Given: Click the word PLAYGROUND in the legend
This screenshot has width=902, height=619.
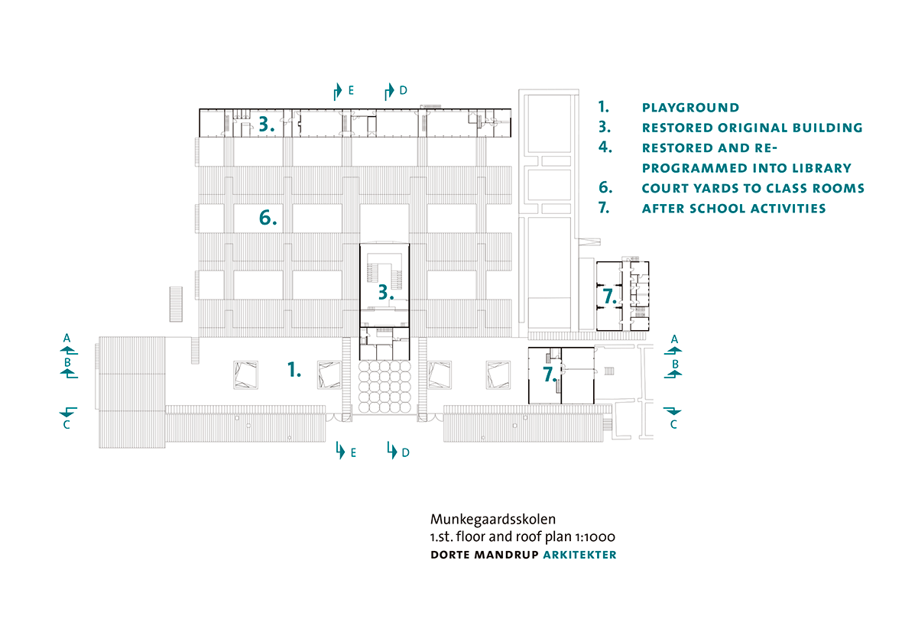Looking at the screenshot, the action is [x=690, y=108].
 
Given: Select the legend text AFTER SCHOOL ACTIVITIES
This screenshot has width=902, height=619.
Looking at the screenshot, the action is [x=734, y=209].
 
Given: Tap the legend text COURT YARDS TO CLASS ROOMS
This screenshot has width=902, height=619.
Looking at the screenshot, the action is [x=753, y=188].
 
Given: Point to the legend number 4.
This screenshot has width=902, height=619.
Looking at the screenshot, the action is [x=605, y=147].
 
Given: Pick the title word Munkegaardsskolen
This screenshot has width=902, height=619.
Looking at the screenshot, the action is [x=493, y=520].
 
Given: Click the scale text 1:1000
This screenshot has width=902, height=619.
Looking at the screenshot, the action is [x=595, y=536].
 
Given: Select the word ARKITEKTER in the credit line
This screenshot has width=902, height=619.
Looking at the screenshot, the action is [x=580, y=555].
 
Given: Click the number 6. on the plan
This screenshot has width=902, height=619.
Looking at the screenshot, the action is [x=268, y=218].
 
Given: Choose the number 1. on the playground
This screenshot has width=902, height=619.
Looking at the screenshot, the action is [x=294, y=369].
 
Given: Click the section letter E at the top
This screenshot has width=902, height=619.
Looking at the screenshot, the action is [x=351, y=90].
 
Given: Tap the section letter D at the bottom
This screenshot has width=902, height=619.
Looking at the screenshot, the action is [x=406, y=452].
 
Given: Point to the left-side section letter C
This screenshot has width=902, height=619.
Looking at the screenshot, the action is [x=67, y=425].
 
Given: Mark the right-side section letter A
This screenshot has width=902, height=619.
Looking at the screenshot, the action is [x=674, y=339].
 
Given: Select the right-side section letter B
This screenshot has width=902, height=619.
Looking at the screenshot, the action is [x=675, y=365].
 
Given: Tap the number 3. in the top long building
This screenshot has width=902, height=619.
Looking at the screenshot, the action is [x=266, y=124].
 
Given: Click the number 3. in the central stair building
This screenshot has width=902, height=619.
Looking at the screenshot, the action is [x=385, y=293].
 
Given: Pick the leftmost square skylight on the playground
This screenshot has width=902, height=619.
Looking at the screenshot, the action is [x=245, y=375].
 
